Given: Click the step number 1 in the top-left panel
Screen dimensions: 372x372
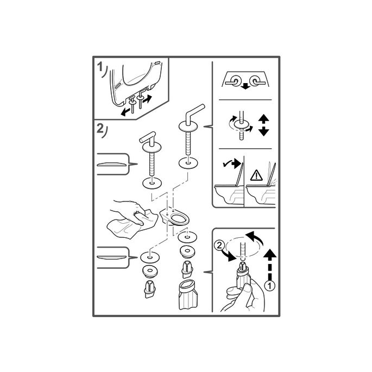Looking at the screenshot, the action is click(100, 67).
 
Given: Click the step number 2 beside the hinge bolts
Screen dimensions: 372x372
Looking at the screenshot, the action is click(100, 128).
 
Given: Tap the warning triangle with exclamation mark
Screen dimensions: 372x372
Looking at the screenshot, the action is click(256, 175).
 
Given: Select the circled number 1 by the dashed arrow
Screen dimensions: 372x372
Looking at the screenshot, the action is click(269, 286).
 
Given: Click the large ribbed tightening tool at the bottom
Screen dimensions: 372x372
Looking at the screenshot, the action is click(188, 295).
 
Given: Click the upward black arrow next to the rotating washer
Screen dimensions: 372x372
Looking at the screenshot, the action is click(263, 118).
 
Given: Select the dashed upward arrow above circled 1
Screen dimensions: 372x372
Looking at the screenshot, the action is click(270, 264).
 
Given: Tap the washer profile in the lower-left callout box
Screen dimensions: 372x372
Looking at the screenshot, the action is click(111, 257).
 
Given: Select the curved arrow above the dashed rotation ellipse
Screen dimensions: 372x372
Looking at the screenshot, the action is click(255, 238).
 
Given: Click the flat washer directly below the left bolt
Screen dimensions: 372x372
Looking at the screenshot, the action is click(152, 183).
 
